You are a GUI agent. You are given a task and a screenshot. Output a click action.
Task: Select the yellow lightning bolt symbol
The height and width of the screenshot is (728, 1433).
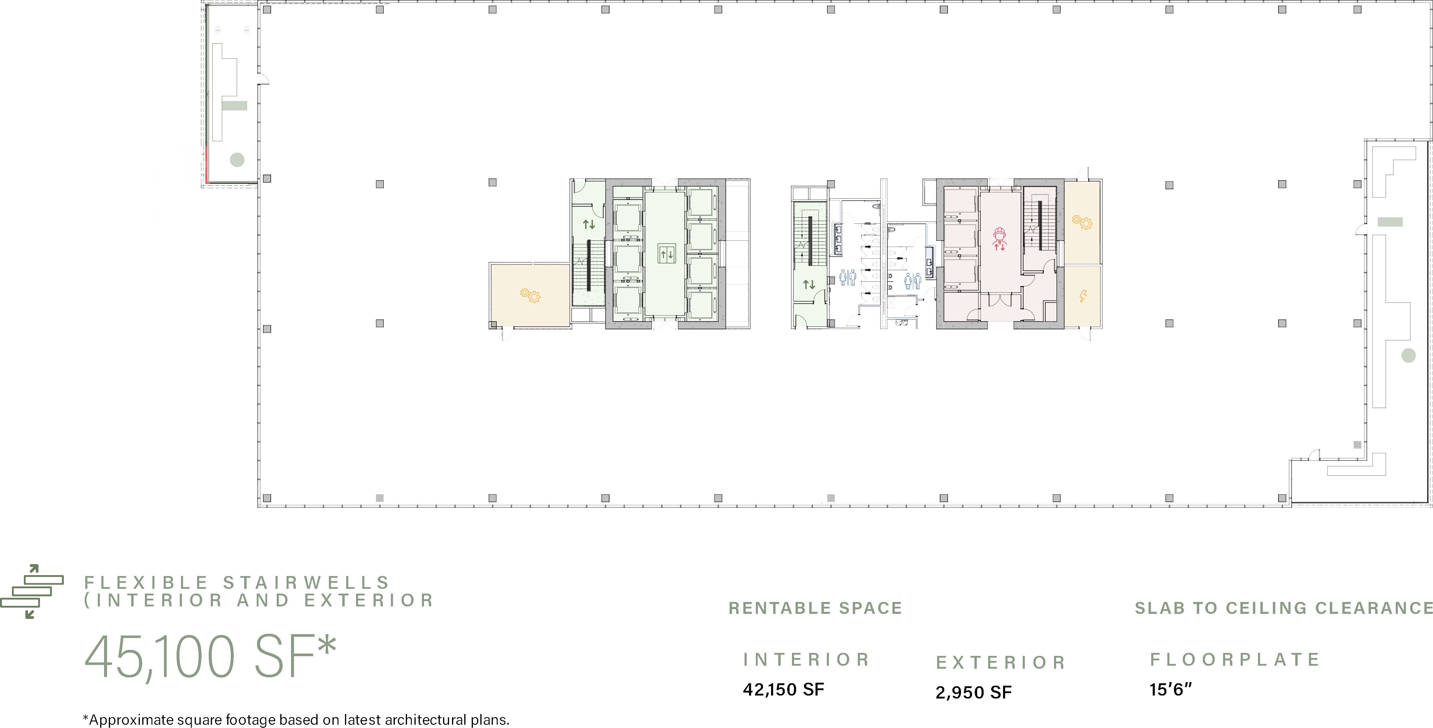(1083, 296)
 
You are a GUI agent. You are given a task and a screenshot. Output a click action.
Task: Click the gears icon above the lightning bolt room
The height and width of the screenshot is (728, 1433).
(1082, 223)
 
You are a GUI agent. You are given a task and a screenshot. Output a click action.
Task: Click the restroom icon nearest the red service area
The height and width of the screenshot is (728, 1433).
(913, 281)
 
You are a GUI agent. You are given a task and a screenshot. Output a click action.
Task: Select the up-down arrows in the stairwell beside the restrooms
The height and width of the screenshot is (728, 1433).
(809, 285)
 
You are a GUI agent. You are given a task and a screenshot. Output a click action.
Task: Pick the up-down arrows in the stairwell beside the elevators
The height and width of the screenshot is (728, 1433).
(589, 225)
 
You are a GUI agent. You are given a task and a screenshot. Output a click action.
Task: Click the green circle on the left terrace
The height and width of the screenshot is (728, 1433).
(237, 160)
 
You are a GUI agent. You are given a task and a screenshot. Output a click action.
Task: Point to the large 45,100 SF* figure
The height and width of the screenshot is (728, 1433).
(210, 656)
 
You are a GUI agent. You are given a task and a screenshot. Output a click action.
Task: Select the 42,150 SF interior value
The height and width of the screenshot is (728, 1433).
(783, 690)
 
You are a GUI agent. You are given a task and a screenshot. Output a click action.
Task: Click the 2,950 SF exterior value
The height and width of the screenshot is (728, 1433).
(974, 693)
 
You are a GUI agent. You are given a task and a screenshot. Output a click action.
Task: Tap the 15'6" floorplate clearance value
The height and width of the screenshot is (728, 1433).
(1170, 690)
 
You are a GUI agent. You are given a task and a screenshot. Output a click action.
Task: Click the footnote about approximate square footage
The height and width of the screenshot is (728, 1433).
(296, 720)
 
